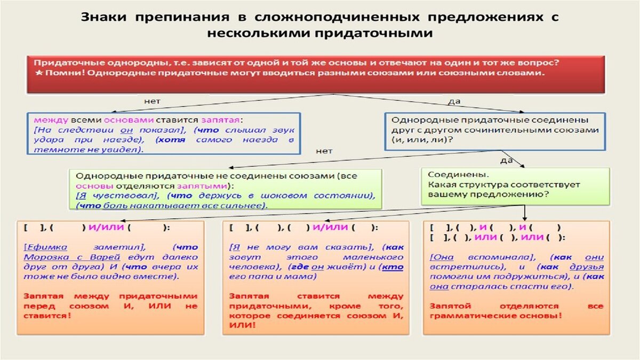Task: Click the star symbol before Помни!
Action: point(37,73)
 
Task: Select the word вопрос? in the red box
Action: point(541,62)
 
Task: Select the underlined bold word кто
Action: point(393,267)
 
